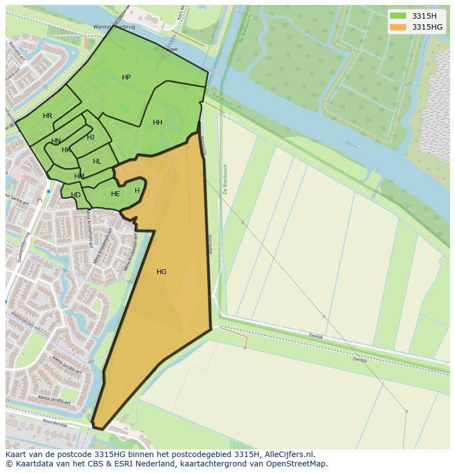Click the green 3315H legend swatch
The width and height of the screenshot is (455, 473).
398,16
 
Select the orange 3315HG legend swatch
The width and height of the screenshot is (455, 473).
398,27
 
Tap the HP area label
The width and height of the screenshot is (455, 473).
126,77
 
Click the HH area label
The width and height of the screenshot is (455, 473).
158,123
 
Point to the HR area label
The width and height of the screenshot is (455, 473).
47,116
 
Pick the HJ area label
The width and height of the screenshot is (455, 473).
91,137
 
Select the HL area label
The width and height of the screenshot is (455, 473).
97,162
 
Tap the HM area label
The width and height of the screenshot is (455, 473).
79,176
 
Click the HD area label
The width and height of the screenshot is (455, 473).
76,195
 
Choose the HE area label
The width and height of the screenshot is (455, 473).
115,194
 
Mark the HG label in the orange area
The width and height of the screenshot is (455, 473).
162,272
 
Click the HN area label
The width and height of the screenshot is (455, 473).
56,141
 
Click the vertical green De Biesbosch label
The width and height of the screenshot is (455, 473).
225,179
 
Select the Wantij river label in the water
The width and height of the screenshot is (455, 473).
352,145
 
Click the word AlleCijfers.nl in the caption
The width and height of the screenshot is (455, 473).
290,454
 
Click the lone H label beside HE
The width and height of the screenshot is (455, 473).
137,191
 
